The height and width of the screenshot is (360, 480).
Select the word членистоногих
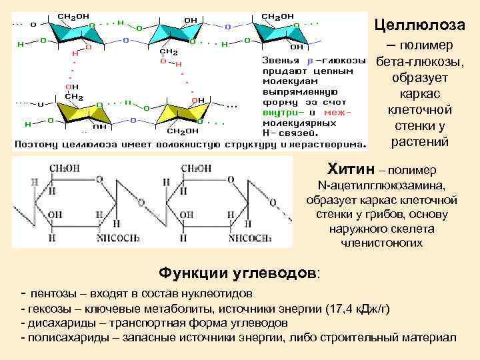pos(381,243)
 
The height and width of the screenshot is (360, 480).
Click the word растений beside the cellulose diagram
pos(419,142)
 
